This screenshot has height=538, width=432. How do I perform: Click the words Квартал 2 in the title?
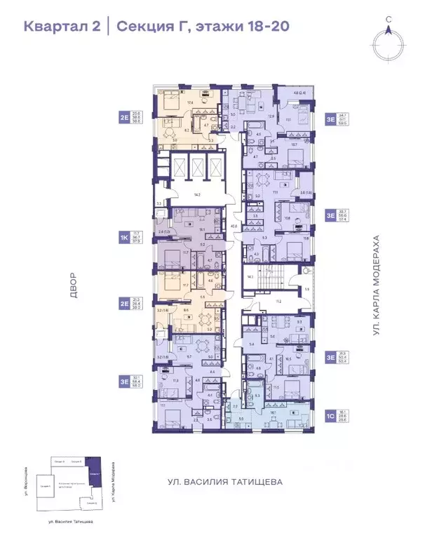61,27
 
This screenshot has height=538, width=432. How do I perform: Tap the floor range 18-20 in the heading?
264,27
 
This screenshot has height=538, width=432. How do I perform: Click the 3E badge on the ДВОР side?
124,382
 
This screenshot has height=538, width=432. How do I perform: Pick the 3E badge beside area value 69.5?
330,119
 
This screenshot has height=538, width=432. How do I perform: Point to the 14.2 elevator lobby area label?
198,194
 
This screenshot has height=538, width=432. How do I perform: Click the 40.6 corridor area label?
234,227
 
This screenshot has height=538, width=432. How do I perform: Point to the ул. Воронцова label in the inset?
26,480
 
